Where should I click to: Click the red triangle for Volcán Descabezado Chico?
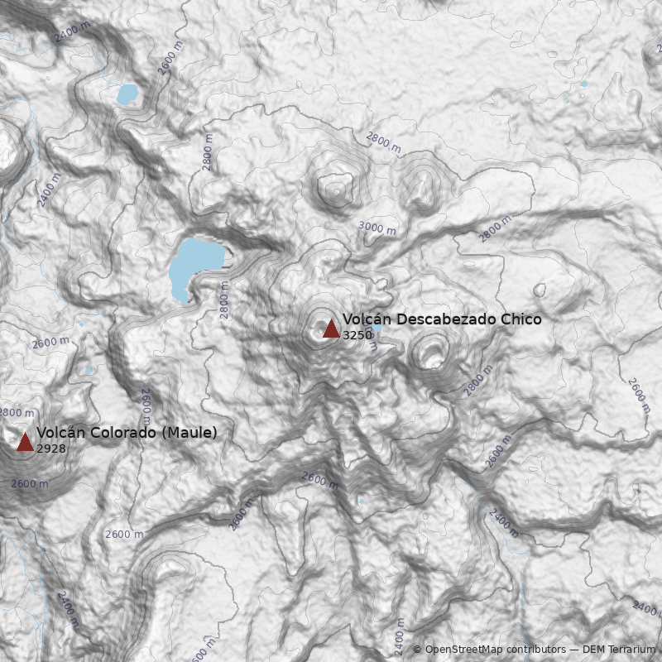331,329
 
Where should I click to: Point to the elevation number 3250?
357,335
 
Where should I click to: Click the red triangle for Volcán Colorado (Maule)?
25,441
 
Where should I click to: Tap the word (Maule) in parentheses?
189,432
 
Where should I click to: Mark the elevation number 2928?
50,448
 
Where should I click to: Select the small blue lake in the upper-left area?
127,94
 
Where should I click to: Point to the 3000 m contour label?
377,226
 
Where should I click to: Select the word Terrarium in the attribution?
631,650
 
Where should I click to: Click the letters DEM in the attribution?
593,650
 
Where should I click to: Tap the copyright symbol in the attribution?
417,650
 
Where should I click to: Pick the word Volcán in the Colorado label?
57,432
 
